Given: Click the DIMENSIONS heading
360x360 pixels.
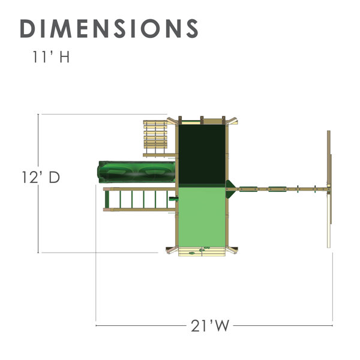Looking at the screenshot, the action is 109,28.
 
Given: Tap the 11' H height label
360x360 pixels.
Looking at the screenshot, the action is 51,57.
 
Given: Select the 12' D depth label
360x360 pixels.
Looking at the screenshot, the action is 41,177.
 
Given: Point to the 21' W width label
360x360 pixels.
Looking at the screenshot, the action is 210,326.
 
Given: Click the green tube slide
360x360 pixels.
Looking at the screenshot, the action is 137,172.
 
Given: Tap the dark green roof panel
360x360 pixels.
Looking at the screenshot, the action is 202,154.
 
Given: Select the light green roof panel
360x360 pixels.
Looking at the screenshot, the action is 202,217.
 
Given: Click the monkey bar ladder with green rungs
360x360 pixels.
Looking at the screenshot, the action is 140,199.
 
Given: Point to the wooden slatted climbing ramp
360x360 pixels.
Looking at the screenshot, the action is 155,138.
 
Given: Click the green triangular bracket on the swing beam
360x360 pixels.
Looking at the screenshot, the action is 230,189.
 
